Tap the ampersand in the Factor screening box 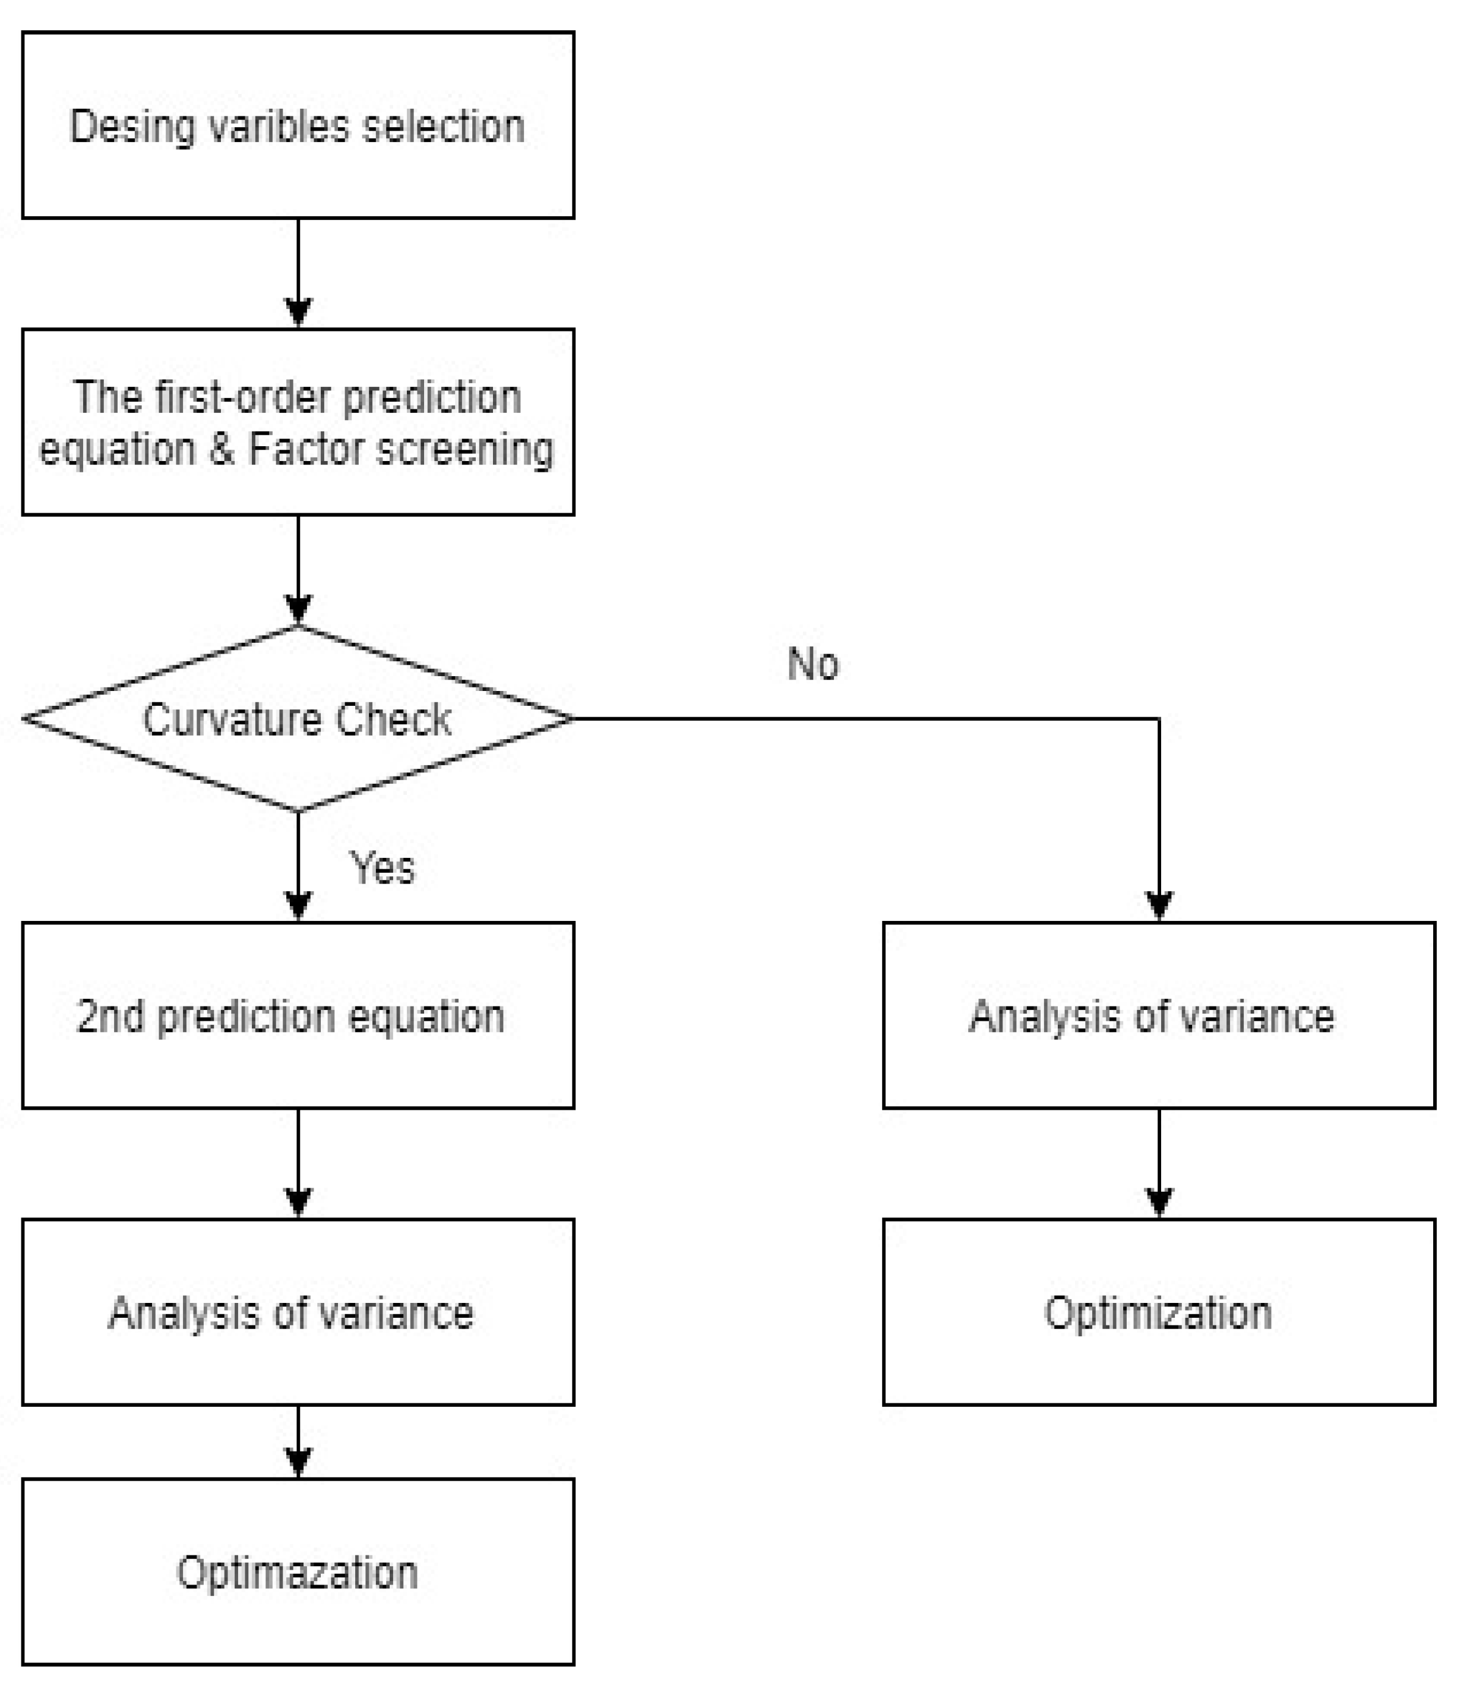click(x=222, y=450)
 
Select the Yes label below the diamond click(x=382, y=868)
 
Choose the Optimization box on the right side click(x=1158, y=1312)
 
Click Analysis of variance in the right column click(x=1152, y=1017)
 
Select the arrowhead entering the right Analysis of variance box click(x=1159, y=905)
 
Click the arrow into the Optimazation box click(x=298, y=1443)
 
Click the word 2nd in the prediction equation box click(x=109, y=1017)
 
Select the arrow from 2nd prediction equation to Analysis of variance click(x=298, y=1165)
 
